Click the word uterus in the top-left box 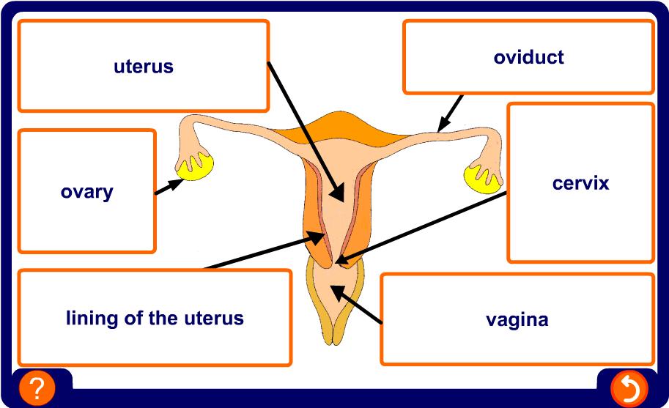pyautogui.click(x=143, y=67)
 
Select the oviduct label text pyautogui.click(x=528, y=57)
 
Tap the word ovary pyautogui.click(x=86, y=193)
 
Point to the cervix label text pyautogui.click(x=580, y=183)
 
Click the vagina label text pyautogui.click(x=517, y=320)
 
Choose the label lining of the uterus pyautogui.click(x=155, y=319)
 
